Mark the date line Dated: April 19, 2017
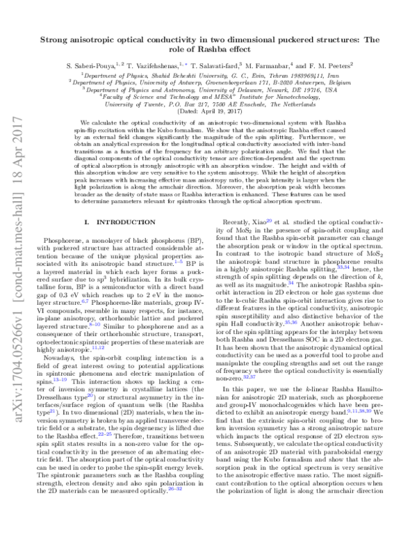tap(208, 111)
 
